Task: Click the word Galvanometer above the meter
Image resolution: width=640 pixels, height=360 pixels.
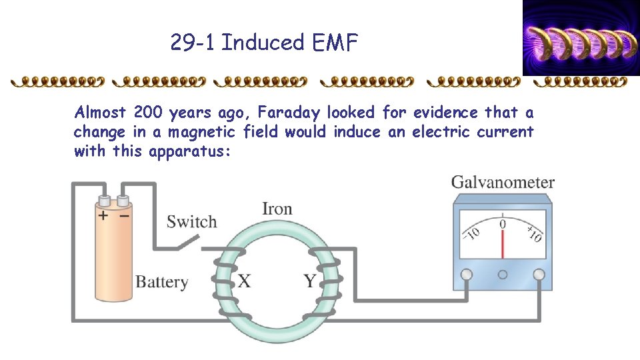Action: point(503,182)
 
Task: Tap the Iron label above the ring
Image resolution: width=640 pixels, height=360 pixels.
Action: point(277,209)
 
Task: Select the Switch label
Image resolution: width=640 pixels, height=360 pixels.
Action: point(191,222)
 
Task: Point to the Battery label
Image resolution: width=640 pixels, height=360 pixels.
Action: point(161,281)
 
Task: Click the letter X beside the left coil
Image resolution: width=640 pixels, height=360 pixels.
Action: point(245,281)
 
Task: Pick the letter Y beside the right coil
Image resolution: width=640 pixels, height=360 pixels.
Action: point(310,281)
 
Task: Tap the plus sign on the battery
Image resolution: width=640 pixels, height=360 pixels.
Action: point(103,215)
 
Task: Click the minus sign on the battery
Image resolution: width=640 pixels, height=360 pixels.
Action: point(124,215)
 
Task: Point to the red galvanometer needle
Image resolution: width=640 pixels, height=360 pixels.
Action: point(503,243)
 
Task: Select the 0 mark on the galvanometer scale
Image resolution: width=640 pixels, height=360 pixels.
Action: point(503,224)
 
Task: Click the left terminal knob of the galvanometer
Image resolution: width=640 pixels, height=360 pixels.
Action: point(467,274)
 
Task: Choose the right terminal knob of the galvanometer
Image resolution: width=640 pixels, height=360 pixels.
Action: point(539,274)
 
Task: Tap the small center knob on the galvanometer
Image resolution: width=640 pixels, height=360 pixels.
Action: point(503,274)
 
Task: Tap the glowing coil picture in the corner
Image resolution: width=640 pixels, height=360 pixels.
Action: point(580,37)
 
